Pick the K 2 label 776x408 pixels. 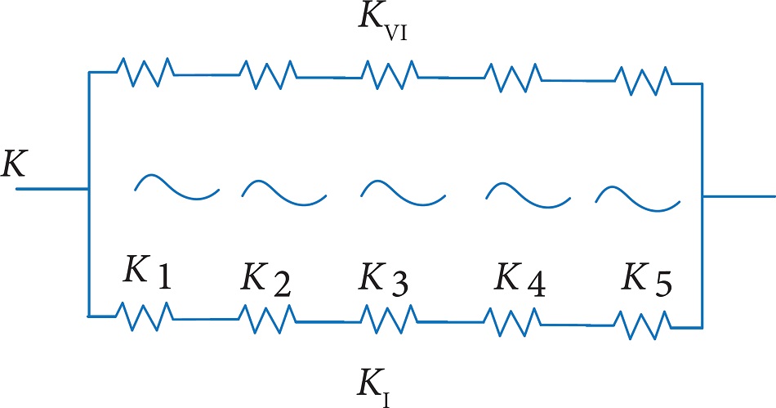[266, 280]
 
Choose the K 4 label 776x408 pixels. [520, 280]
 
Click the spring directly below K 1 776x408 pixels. [144, 315]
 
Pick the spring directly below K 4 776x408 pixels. [512, 321]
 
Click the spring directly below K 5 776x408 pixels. [643, 324]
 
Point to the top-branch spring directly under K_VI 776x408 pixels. [389, 75]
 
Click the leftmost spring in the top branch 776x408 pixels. [144, 72]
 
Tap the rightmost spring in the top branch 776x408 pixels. [643, 80]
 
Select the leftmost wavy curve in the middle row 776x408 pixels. [176, 187]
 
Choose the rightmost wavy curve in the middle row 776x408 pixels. [638, 196]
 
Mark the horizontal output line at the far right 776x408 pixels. [738, 196]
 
